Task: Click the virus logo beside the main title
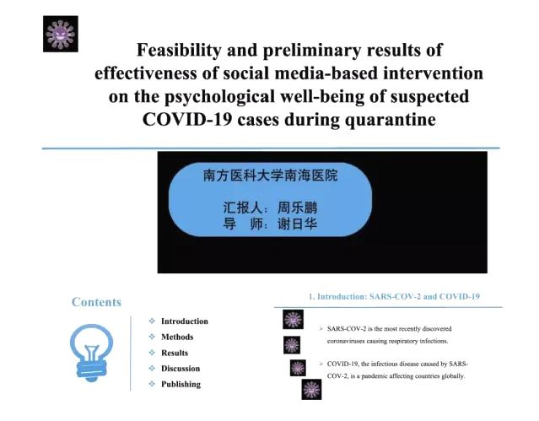pos(61,34)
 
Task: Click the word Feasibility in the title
pos(179,51)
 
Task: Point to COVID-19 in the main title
pos(187,120)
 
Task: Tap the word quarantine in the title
pos(391,121)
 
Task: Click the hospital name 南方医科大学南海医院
pos(270,175)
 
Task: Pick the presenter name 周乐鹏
pos(298,208)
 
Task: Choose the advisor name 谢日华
pos(298,224)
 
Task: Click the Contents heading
pos(97,302)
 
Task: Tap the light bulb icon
pos(91,353)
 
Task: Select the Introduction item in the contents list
pos(185,321)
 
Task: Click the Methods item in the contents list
pos(177,337)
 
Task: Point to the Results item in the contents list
pos(175,353)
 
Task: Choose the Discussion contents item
pos(181,369)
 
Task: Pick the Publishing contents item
pos(181,385)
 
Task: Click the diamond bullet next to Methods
pos(152,337)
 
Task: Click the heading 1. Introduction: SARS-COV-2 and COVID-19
pos(394,296)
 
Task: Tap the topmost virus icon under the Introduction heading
pos(293,319)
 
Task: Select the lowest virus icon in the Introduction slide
pos(311,389)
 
